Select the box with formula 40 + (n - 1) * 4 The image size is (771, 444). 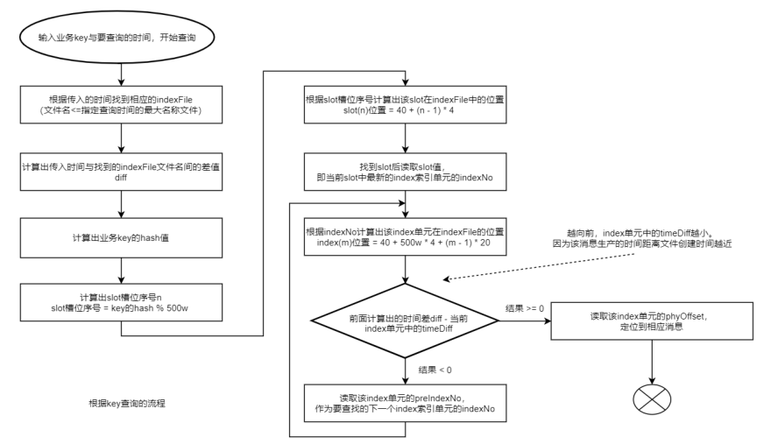(x=404, y=106)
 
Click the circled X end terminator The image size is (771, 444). (x=650, y=401)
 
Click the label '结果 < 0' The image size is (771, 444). (x=435, y=370)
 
